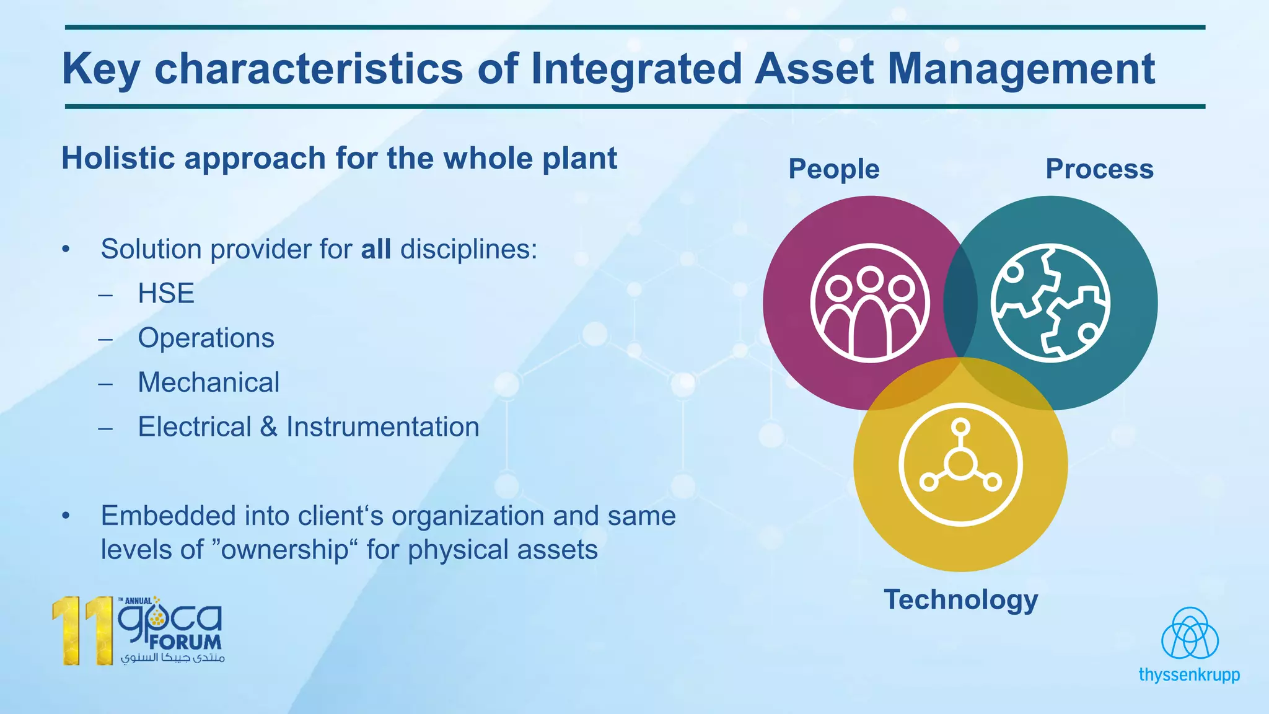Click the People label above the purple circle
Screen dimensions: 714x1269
pos(833,169)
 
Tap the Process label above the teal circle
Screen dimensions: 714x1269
pos(1099,169)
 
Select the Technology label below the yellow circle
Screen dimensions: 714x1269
pos(960,600)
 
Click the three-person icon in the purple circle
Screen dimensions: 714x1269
pos(870,303)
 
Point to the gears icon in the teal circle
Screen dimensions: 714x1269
pos(1050,303)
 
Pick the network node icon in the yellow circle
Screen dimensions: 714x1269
pos(960,464)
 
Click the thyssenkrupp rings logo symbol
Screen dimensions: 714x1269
pos(1190,633)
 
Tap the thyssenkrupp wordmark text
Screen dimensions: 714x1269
pos(1189,675)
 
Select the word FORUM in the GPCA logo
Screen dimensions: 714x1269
pos(185,641)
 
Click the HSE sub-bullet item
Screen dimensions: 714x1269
pos(166,293)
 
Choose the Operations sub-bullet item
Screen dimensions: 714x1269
pos(206,338)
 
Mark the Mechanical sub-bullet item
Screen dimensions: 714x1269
pos(209,382)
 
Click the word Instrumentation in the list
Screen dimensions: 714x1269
pos(382,427)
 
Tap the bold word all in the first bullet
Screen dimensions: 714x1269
pos(375,249)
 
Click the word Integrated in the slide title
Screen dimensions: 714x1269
pos(636,68)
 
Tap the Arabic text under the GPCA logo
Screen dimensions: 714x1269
pos(172,658)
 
